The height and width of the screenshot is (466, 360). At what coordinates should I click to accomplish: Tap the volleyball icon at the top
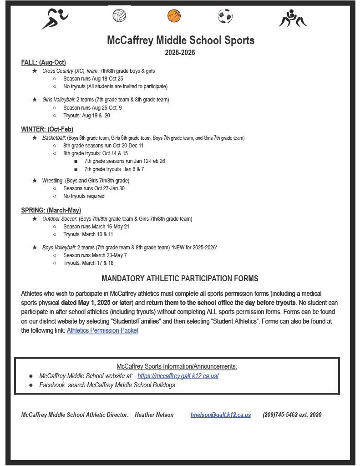point(119,16)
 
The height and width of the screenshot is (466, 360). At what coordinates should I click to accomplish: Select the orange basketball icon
point(174,16)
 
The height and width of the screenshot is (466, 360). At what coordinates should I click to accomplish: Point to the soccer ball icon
point(225,16)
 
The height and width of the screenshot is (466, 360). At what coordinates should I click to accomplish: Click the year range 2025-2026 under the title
point(180,53)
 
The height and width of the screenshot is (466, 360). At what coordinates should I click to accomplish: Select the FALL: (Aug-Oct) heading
point(44,62)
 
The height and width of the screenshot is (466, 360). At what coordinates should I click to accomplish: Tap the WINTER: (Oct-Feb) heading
point(47,129)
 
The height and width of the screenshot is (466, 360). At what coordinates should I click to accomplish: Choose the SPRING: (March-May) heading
point(51,210)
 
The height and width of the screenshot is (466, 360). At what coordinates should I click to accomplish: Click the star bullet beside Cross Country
point(35,71)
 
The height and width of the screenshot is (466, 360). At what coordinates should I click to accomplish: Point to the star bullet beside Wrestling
point(35,180)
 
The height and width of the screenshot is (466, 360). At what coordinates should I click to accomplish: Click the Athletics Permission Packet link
point(102,330)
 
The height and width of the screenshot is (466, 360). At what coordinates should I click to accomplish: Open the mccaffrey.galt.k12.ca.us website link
point(178,376)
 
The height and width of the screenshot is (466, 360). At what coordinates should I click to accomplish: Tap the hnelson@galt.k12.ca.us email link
point(220,415)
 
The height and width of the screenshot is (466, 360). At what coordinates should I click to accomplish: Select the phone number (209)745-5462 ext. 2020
point(292,415)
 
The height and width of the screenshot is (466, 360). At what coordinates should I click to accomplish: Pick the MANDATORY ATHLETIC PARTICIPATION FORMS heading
point(180,279)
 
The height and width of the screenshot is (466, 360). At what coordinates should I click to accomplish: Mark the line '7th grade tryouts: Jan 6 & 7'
point(114,169)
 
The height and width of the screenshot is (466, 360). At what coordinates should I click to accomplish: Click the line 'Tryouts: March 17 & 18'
point(88,263)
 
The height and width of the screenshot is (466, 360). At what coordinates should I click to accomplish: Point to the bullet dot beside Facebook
point(31,385)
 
